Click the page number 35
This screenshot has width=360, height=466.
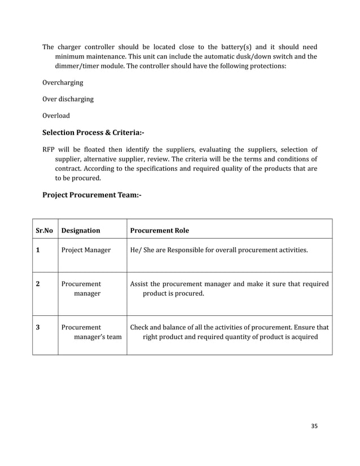tap(314, 426)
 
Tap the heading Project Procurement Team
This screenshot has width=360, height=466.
tap(91, 195)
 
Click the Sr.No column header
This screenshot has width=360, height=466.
tap(45, 230)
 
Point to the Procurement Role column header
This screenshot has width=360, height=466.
tap(160, 230)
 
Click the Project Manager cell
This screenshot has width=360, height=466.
tap(86, 249)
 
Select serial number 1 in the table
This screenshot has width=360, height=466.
tap(38, 249)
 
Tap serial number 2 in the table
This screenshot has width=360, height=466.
tap(38, 284)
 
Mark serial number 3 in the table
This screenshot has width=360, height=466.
tap(38, 327)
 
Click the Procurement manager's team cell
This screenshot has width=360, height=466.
tap(91, 332)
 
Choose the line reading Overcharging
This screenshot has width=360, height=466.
tap(63, 82)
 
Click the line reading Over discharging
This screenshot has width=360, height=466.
tap(68, 99)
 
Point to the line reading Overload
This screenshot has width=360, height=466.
tap(56, 116)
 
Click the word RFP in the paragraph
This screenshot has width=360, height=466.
tap(50, 150)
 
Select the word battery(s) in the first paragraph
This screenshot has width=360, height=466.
tap(239, 47)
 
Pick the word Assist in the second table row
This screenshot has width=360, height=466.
tap(139, 284)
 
